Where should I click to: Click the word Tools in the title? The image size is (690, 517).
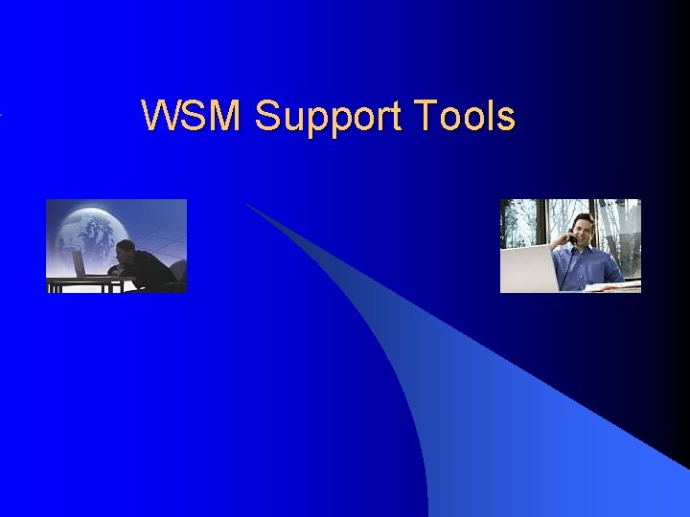pos(466,117)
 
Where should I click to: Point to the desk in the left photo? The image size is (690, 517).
pos(86,281)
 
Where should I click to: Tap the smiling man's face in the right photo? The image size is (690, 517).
pos(584,230)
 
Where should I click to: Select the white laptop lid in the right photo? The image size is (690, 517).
pos(528,267)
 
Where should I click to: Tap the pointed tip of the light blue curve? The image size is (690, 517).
pos(249,205)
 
